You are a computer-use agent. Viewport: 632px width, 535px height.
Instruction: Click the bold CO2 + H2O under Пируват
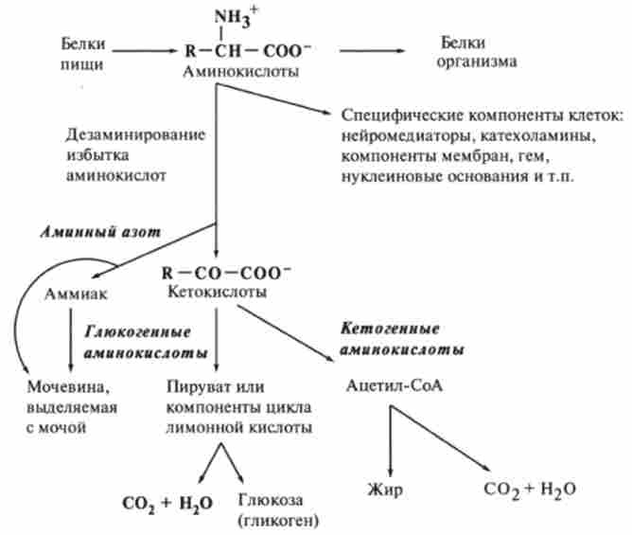[x=166, y=503]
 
